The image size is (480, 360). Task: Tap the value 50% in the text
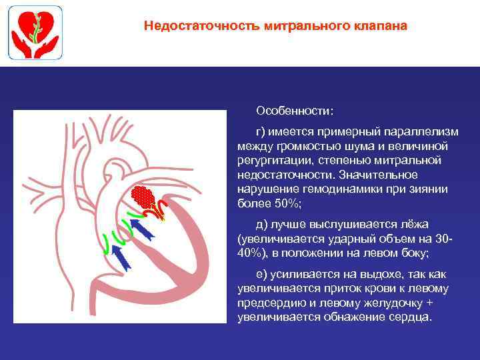[x=287, y=203]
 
